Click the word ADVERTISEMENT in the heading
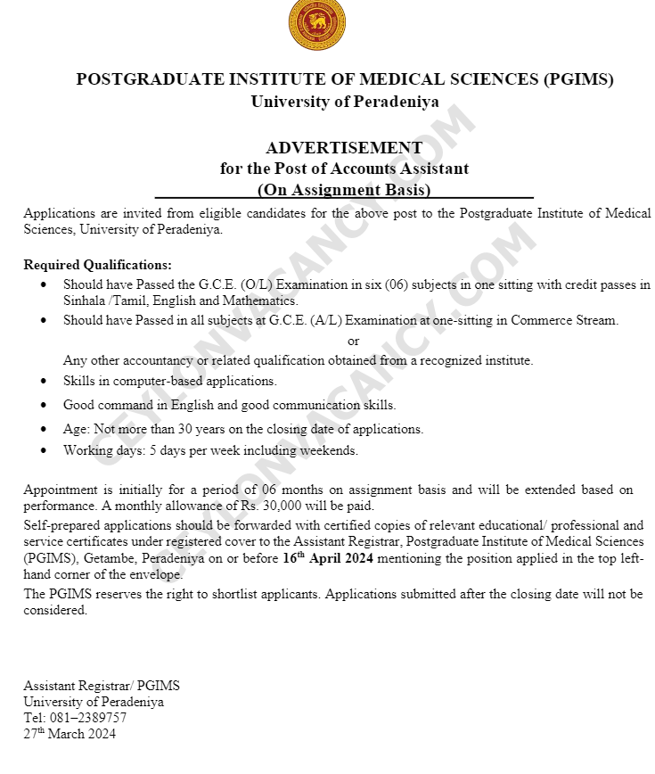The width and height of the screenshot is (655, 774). [x=344, y=148]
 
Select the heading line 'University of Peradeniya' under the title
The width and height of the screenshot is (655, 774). [x=344, y=101]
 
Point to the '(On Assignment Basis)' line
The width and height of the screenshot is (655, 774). [x=344, y=189]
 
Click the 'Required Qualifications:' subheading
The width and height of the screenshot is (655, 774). [x=98, y=265]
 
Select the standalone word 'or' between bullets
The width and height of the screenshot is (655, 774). [x=354, y=341]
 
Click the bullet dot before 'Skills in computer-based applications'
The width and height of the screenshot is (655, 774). [x=45, y=381]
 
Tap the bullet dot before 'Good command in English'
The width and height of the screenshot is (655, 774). [x=45, y=405]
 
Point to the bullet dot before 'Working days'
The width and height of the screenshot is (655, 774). [x=45, y=451]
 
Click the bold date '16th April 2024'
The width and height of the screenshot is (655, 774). [x=328, y=559]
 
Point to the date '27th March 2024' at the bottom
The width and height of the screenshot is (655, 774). [x=70, y=734]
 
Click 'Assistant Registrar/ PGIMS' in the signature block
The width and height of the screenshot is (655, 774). [x=102, y=686]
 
